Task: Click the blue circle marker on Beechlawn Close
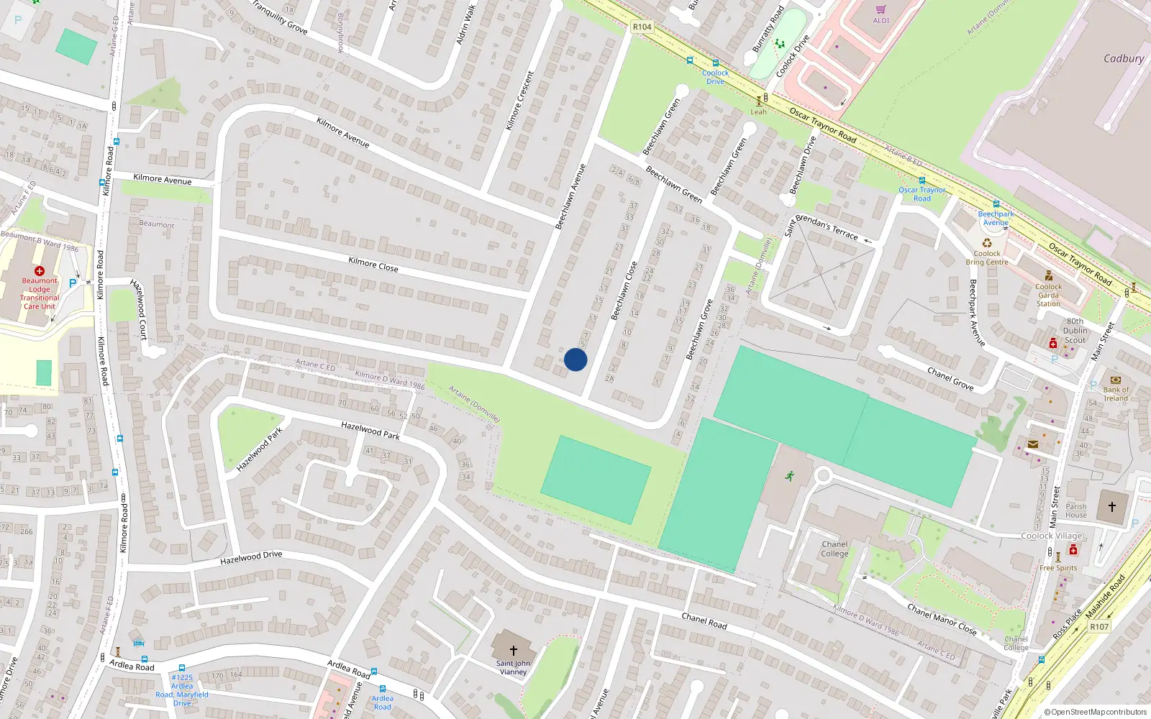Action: (575, 359)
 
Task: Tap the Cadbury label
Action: (1123, 58)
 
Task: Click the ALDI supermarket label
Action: (881, 20)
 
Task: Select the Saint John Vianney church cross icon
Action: (513, 650)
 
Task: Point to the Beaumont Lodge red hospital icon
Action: (40, 271)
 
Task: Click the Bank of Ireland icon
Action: (1116, 380)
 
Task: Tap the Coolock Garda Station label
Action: (1048, 295)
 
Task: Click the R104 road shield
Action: (642, 27)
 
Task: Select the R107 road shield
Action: (1099, 626)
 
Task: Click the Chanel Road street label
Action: (704, 621)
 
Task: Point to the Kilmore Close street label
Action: (373, 264)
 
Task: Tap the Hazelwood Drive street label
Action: (251, 558)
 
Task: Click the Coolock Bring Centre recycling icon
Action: (987, 243)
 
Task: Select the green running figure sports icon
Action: (790, 476)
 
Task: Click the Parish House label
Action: (1076, 510)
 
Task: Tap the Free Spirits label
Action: (1058, 567)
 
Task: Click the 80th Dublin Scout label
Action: (1075, 331)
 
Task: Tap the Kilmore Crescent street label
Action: (519, 101)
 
